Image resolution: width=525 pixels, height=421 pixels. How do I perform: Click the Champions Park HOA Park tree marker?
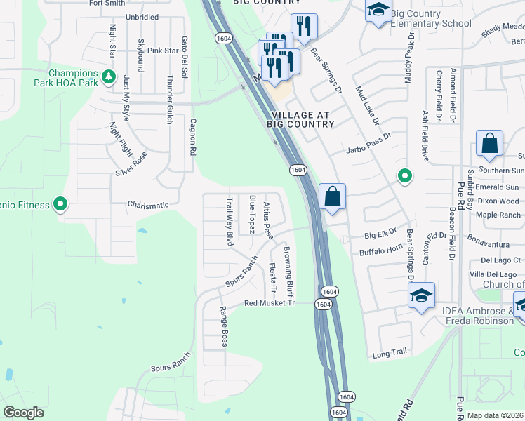point(108,75)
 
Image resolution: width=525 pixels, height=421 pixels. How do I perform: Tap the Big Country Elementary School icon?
point(378,11)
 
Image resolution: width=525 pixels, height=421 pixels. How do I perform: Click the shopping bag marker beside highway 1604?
point(333,196)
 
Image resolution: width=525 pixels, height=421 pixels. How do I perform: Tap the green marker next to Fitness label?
point(61,205)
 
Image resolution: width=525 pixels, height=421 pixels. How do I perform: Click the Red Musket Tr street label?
point(271,303)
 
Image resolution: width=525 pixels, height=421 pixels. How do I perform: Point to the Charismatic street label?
point(148,206)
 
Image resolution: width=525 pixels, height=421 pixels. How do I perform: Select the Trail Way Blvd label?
point(229,221)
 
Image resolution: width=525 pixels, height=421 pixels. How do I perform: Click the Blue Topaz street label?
point(252,215)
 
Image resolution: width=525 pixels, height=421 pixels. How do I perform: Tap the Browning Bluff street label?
point(288,270)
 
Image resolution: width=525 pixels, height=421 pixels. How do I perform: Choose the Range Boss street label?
point(224,326)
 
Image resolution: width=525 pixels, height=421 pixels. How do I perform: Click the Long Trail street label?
point(390,355)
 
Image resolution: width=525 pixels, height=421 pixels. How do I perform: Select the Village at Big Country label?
point(302,119)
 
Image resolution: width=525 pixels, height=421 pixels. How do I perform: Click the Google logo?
point(23,413)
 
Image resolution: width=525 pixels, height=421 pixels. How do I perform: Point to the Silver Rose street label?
point(132,163)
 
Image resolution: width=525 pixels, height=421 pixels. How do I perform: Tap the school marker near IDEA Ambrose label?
point(422,295)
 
